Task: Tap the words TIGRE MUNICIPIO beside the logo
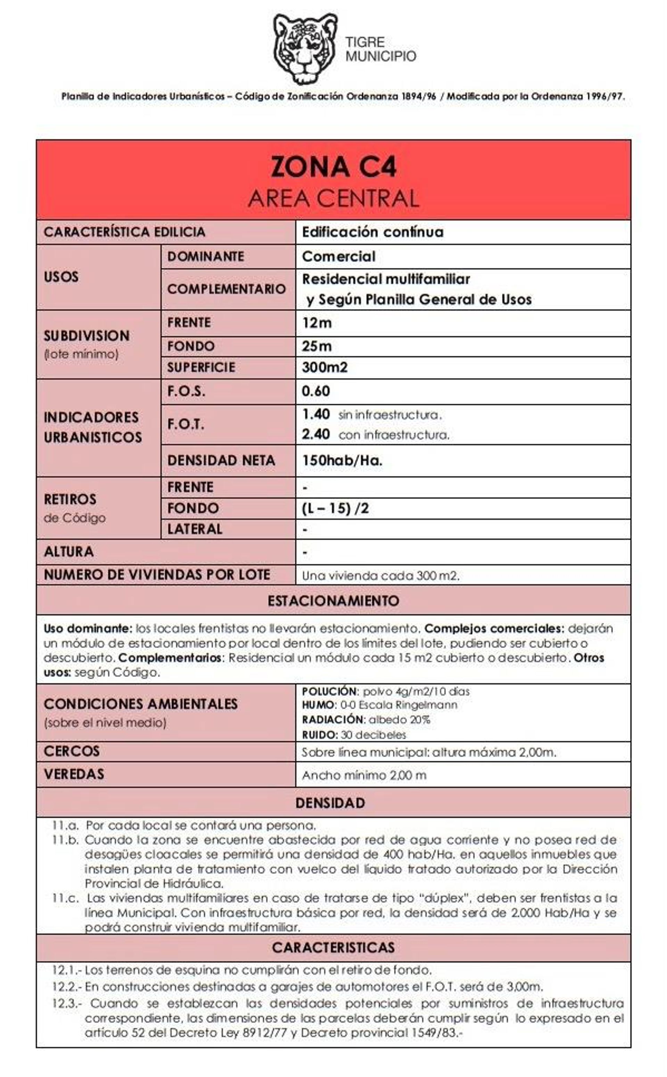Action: tap(380, 49)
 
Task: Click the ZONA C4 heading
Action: tap(333, 167)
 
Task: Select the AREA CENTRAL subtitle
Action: tap(333, 198)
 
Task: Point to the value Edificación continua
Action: tap(373, 232)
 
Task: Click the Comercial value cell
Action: tap(339, 256)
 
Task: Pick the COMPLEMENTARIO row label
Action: tap(226, 289)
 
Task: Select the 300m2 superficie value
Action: tap(325, 367)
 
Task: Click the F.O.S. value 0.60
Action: tap(316, 391)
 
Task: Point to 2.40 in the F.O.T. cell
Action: tap(316, 435)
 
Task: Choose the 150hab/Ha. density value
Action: tap(342, 461)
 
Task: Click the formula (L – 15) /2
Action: tap(335, 508)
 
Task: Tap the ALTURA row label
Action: tap(69, 552)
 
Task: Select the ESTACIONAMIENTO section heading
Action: tap(333, 601)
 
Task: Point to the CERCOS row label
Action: tap(72, 751)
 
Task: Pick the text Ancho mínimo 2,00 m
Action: tap(364, 775)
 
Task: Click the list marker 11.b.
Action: tap(65, 840)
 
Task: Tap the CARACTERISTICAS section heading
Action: tap(333, 948)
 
